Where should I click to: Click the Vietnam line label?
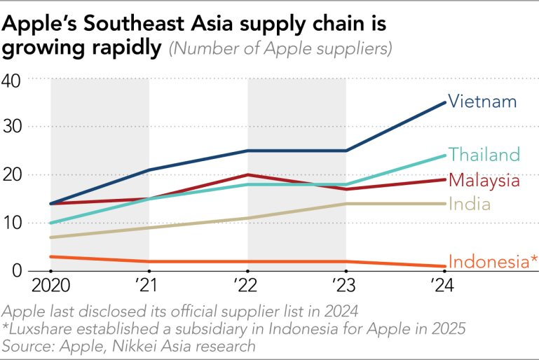pos(482,102)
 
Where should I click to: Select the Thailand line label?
pos(484,154)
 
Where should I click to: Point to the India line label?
pos(470,204)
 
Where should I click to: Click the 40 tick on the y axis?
pos(15,79)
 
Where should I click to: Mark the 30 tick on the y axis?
pos(15,127)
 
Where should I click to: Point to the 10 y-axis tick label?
pos(15,223)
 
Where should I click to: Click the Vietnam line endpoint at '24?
pos(444,102)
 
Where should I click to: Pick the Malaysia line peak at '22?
pos(247,174)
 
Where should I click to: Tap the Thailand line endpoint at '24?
pos(444,155)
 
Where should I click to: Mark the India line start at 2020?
pos(51,237)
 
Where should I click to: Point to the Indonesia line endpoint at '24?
pos(444,266)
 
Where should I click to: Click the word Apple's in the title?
pos(43,25)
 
